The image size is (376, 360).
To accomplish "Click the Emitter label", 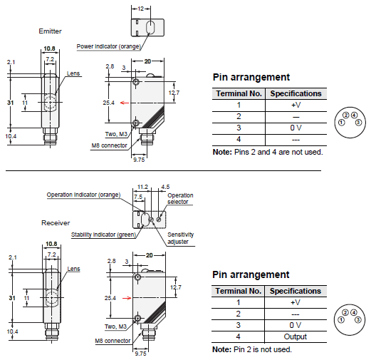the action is coord(50,31).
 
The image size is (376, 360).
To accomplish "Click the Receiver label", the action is coord(56,223).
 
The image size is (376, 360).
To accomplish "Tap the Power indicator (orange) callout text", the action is coord(109,46).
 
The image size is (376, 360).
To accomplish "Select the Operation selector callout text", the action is coord(180,199).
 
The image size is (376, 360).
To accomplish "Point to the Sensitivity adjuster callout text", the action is coord(181,238).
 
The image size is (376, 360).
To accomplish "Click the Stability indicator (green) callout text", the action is coord(103,235).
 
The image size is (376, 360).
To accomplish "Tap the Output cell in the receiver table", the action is coord(296,336).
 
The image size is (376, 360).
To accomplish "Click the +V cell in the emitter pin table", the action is coord(296,105).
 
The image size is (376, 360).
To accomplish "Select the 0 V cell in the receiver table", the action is coord(296,325).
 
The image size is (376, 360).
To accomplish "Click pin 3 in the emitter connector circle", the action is coord(358,123).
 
